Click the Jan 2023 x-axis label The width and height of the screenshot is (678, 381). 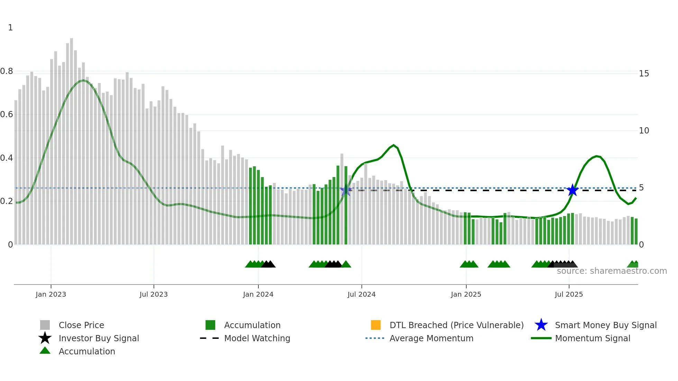[51, 294]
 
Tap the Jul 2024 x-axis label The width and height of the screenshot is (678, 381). [361, 294]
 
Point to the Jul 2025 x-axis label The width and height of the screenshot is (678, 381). [569, 294]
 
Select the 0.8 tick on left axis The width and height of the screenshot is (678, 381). [7, 71]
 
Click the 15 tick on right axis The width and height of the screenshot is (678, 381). [644, 73]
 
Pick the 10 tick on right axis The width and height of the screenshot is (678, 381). [644, 131]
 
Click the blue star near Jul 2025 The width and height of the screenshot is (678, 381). [572, 190]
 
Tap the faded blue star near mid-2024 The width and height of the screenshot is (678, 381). [346, 190]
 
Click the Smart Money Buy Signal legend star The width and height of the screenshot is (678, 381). [541, 325]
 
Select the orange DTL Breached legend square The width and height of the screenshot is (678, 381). [376, 325]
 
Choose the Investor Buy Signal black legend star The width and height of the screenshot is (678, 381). [45, 338]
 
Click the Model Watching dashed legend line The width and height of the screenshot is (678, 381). [210, 338]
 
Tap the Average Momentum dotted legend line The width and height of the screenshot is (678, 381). [375, 338]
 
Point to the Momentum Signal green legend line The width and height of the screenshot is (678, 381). [541, 338]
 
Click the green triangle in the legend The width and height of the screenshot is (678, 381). [45, 351]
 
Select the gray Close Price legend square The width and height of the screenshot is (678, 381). [45, 325]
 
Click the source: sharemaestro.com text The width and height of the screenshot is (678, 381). [612, 271]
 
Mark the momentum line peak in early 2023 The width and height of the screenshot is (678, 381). [83, 80]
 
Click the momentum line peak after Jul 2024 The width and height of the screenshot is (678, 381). [394, 145]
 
